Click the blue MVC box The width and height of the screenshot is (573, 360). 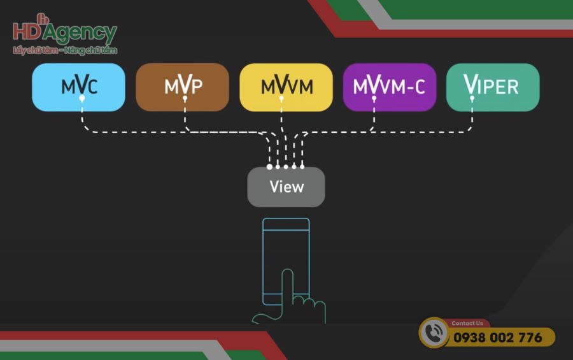pos(78,87)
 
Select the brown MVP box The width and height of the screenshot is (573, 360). pos(182,87)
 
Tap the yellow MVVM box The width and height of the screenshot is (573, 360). pos(286,87)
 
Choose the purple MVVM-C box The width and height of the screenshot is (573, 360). pos(389,87)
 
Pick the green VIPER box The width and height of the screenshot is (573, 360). pos(493,87)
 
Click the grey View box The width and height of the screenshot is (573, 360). pos(286,187)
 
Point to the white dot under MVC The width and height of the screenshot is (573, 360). pos(81,99)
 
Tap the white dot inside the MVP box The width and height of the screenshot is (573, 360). pos(185,99)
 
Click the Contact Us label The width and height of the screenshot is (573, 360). pos(467,323)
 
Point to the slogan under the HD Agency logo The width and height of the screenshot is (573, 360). pos(64,50)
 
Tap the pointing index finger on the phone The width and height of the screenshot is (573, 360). pos(288,287)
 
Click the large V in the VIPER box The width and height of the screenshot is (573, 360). pos(471,85)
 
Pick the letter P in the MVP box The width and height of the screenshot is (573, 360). pos(197,87)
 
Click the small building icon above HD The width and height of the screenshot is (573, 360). pos(42,18)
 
